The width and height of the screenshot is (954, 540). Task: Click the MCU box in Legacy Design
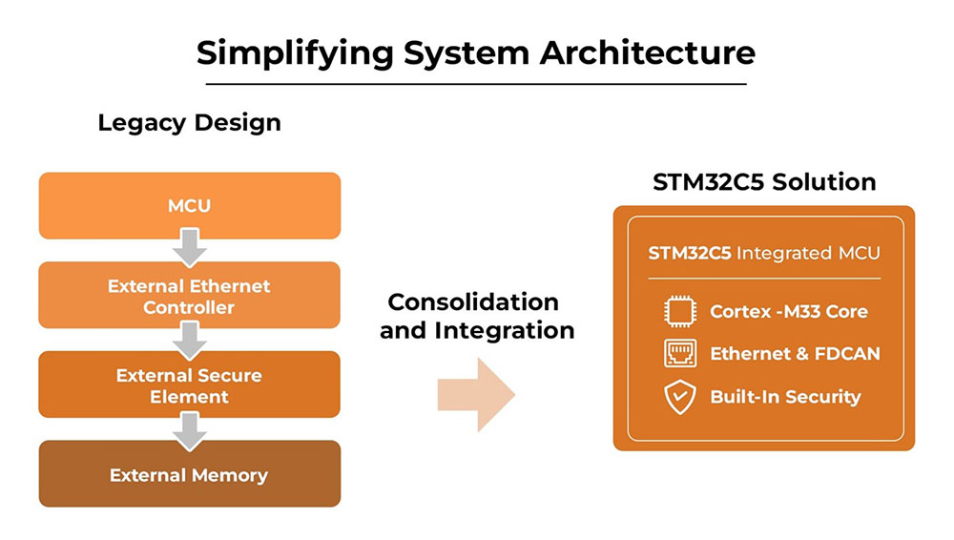click(190, 206)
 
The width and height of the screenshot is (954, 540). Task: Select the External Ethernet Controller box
click(190, 295)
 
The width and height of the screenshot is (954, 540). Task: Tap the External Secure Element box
click(190, 384)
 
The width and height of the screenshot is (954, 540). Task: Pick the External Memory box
click(190, 473)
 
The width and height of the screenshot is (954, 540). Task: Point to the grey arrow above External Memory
click(190, 431)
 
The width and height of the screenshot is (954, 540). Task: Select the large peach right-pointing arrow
click(476, 394)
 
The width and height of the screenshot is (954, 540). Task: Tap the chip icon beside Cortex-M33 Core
click(680, 311)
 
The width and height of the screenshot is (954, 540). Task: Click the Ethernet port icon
click(680, 354)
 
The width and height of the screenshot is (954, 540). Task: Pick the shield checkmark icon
click(680, 397)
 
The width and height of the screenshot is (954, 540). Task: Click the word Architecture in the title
click(648, 53)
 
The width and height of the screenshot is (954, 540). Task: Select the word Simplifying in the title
click(295, 53)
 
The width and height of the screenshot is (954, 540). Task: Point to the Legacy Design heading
click(189, 123)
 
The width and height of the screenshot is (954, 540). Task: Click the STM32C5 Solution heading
click(764, 182)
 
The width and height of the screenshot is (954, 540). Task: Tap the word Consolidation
click(473, 302)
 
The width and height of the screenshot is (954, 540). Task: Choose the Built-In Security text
click(785, 397)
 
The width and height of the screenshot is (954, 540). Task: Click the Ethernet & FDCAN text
click(796, 354)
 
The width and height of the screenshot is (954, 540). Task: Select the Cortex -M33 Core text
click(789, 312)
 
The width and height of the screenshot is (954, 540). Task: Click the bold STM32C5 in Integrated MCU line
click(690, 253)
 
